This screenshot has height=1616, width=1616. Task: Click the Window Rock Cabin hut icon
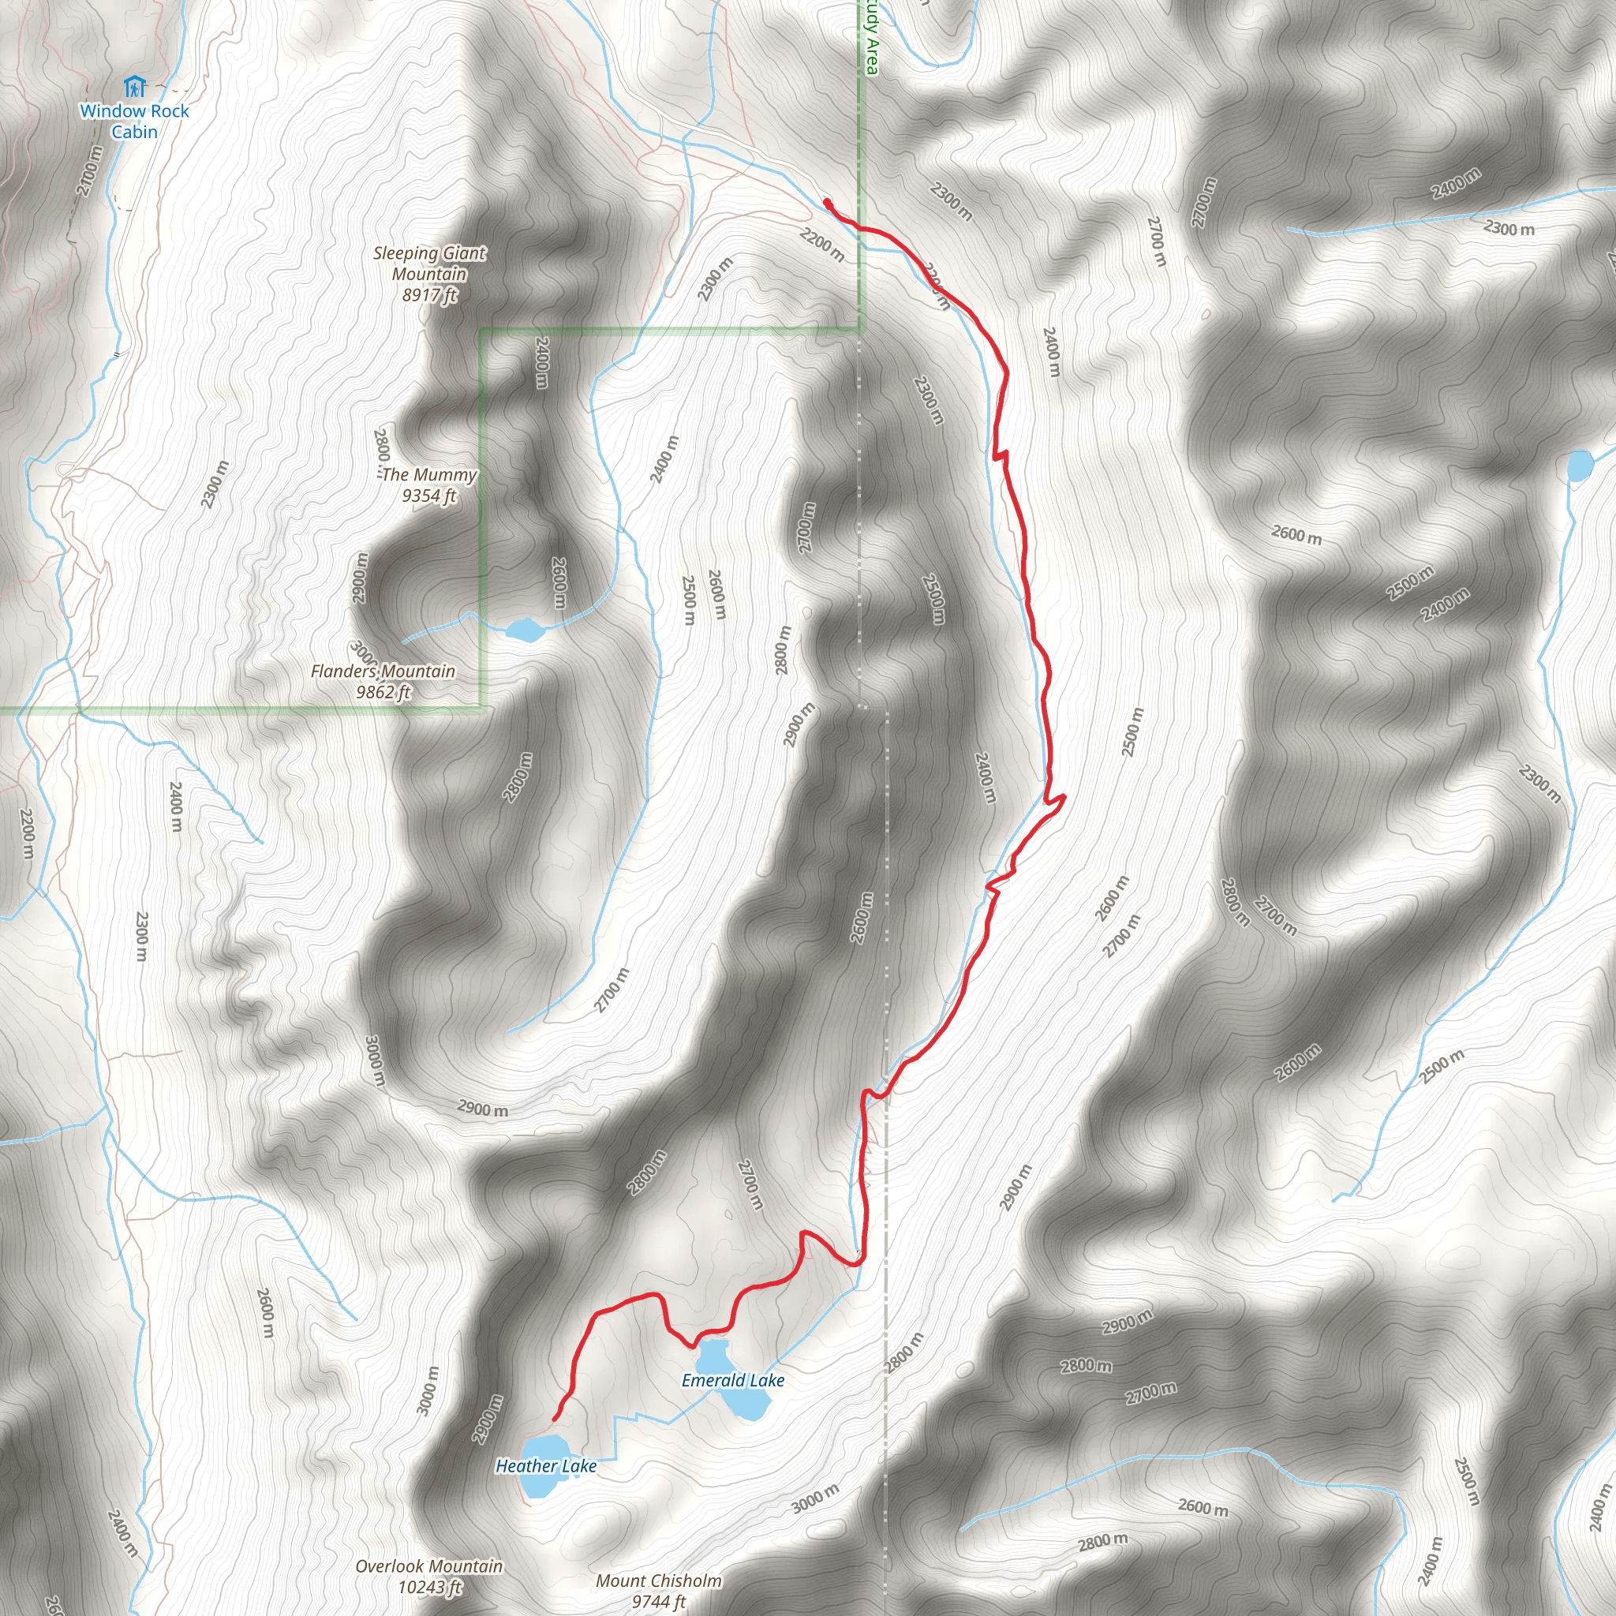pyautogui.click(x=134, y=87)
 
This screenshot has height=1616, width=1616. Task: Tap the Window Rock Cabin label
pyautogui.click(x=135, y=122)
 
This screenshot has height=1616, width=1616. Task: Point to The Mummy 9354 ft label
pyautogui.click(x=429, y=485)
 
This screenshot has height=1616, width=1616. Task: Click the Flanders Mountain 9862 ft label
pyautogui.click(x=383, y=681)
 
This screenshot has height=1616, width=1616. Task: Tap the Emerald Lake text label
pyautogui.click(x=733, y=1380)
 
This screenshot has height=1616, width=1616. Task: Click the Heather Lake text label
pyautogui.click(x=546, y=1466)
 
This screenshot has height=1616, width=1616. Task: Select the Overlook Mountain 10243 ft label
pyautogui.click(x=429, y=1576)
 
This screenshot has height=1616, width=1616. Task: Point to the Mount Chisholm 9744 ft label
pyautogui.click(x=658, y=1590)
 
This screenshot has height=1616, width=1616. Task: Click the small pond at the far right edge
pyautogui.click(x=1580, y=466)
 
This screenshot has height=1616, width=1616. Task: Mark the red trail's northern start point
pyautogui.click(x=827, y=203)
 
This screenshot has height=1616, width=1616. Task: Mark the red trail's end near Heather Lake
pyautogui.click(x=555, y=1419)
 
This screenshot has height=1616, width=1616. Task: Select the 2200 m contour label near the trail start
pyautogui.click(x=821, y=245)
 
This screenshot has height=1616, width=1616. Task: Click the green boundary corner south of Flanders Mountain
pyautogui.click(x=483, y=709)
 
